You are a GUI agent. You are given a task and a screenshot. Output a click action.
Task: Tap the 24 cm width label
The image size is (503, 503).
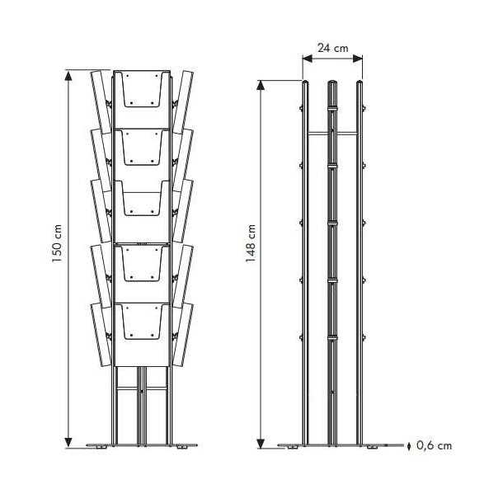point(332,49)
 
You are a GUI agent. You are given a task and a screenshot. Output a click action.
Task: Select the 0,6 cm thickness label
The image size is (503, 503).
point(434,446)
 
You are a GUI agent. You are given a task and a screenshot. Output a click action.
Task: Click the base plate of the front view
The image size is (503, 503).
point(143,446)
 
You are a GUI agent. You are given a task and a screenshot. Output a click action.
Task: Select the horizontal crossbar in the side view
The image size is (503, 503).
point(333,133)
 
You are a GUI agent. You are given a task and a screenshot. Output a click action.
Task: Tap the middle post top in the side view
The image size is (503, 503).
point(332,83)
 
